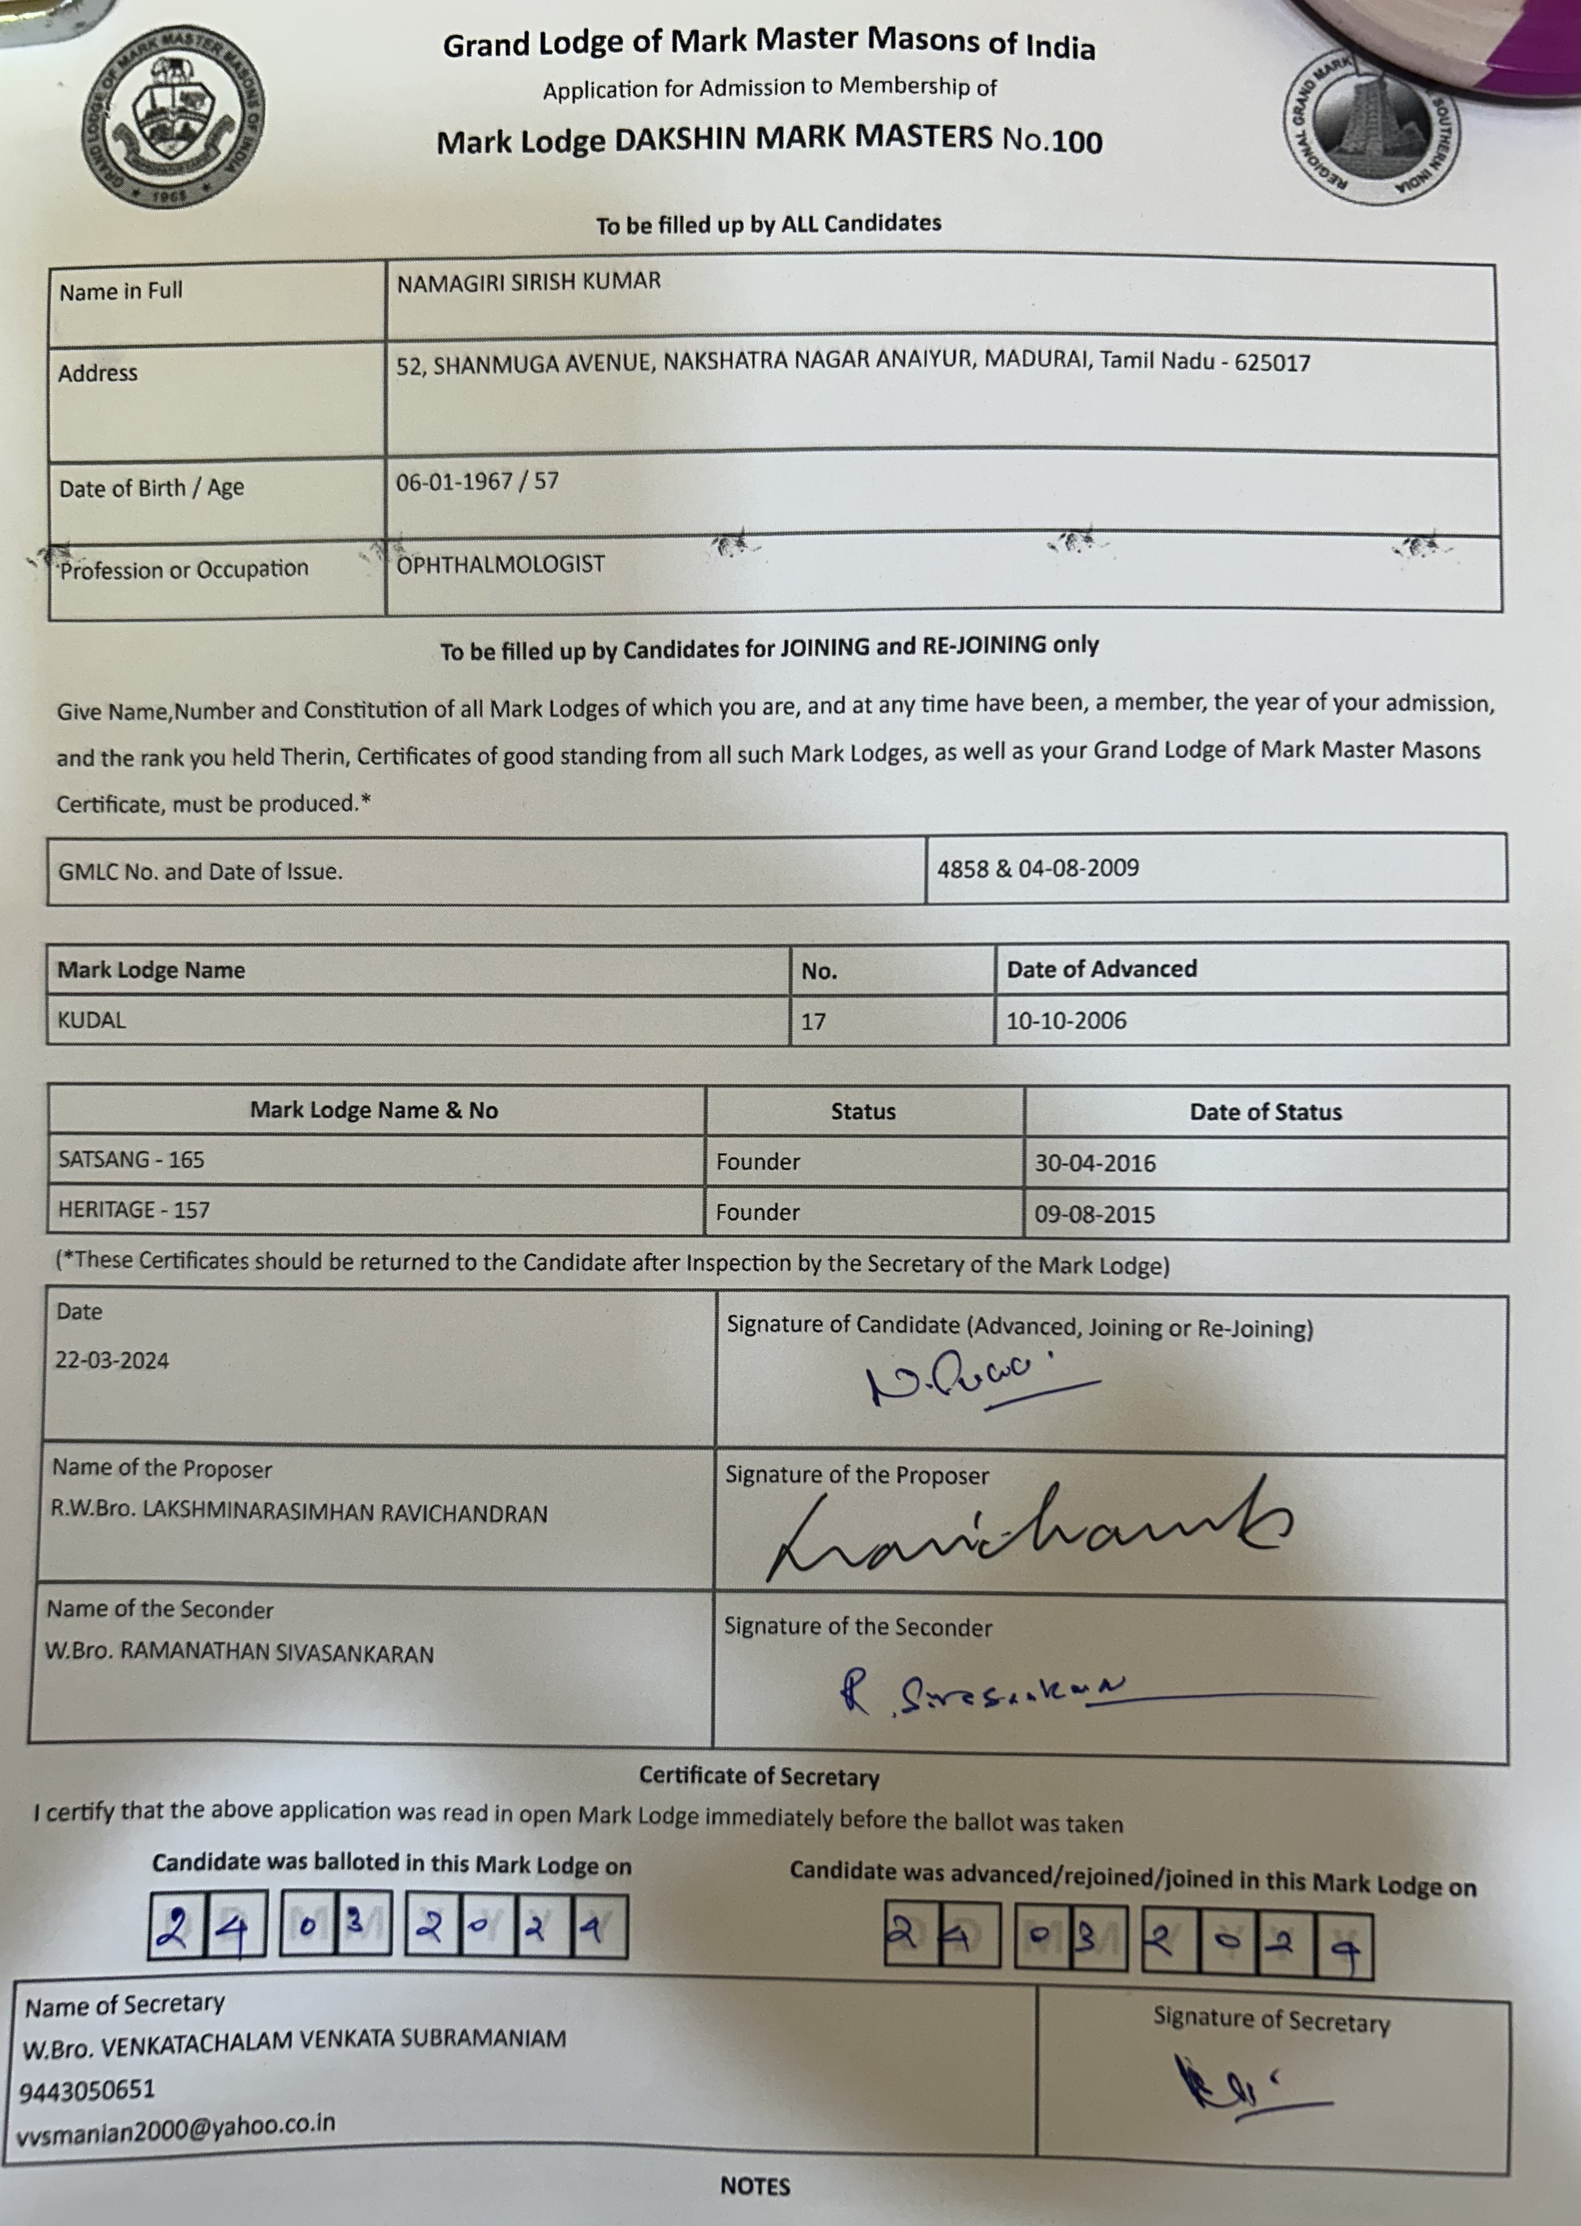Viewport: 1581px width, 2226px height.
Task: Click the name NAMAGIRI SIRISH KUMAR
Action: coord(529,281)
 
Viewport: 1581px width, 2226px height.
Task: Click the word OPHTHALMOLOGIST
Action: coord(501,565)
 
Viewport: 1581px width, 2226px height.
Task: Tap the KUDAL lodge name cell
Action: coord(92,1020)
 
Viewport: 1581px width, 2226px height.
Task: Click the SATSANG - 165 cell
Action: coord(132,1159)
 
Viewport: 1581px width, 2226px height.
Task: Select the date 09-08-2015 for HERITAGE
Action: coord(1094,1214)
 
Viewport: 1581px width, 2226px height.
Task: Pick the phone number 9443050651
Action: coord(87,2089)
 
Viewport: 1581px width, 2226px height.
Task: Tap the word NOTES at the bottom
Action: coord(754,2186)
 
